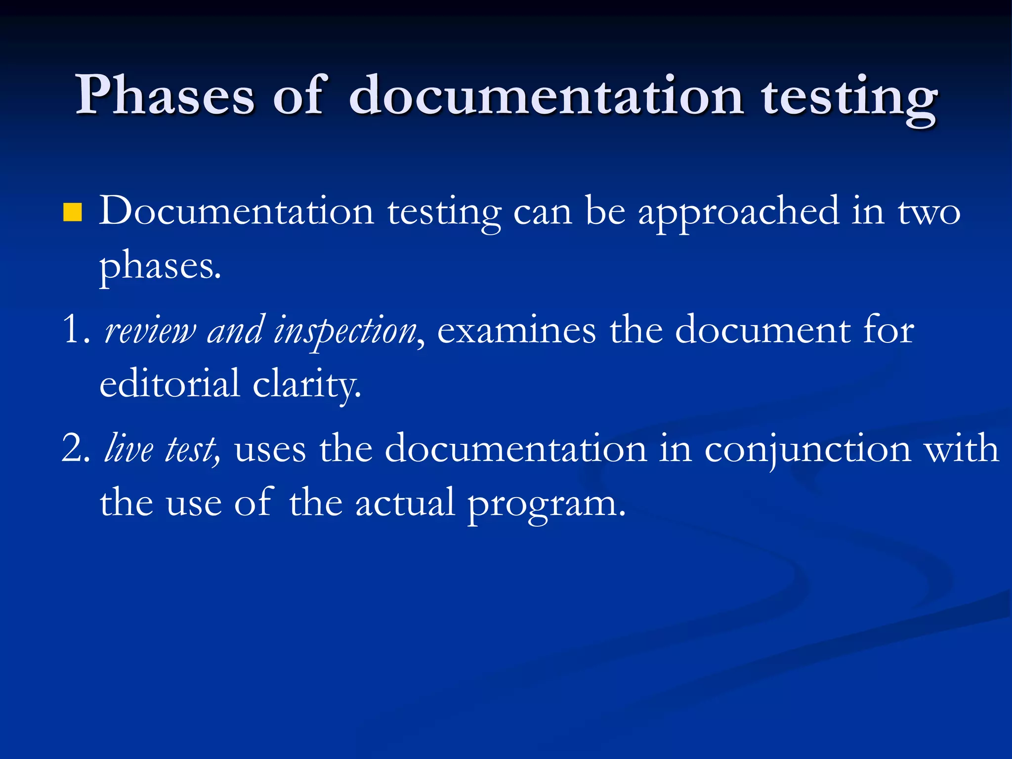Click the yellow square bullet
(x=72, y=212)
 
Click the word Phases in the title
(x=165, y=95)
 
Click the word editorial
(x=169, y=383)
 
